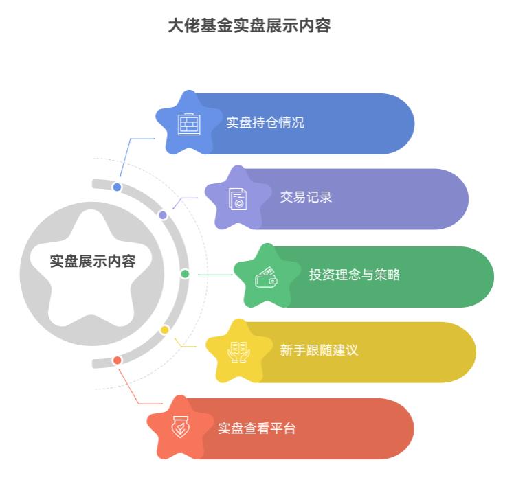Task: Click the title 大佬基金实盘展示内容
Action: pos(249,25)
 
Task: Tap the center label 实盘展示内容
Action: pos(93,262)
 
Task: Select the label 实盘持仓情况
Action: pos(265,123)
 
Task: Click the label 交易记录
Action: pos(306,197)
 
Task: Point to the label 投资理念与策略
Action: pos(355,275)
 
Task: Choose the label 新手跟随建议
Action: pos(319,350)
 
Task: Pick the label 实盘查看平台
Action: pos(257,428)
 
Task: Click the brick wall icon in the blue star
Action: pos(189,124)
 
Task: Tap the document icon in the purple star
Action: pos(238,198)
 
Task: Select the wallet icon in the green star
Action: pos(266,277)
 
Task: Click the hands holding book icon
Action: pos(238,352)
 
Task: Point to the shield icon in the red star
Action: pos(180,427)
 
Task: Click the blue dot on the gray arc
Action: pos(117,187)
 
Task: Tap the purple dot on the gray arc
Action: pos(163,215)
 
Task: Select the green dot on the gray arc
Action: pos(185,274)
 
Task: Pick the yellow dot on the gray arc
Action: pos(164,330)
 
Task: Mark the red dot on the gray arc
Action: pos(117,360)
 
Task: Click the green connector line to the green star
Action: pos(215,275)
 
